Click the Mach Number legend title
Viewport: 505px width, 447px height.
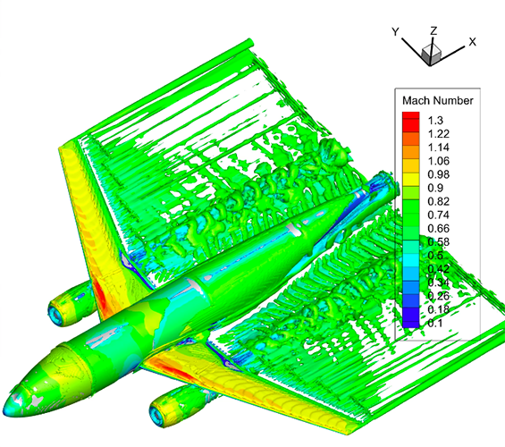click(x=438, y=100)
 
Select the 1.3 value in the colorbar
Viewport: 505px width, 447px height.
click(x=435, y=121)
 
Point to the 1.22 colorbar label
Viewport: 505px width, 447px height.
click(x=438, y=133)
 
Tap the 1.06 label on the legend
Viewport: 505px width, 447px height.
click(x=438, y=161)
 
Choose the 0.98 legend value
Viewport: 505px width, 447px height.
click(x=438, y=174)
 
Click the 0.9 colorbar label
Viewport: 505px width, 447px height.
click(x=435, y=188)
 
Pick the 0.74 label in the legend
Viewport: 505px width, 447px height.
click(x=438, y=215)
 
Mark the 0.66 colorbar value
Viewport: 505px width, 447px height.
click(x=438, y=228)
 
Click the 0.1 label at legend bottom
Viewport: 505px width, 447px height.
click(x=435, y=323)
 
